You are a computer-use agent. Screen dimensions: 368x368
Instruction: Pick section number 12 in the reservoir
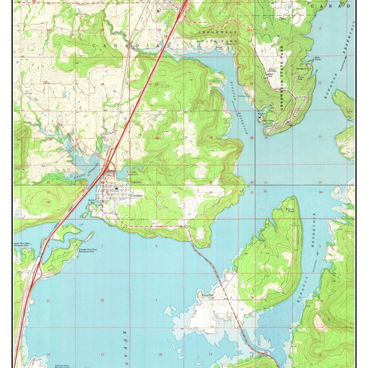tap(102, 300)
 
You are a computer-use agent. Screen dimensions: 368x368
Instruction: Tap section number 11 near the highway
tap(48, 301)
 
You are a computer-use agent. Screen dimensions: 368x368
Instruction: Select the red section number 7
tap(156, 300)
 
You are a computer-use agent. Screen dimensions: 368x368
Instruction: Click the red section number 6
tap(156, 247)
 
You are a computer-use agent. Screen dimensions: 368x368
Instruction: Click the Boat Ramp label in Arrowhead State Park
tap(318, 58)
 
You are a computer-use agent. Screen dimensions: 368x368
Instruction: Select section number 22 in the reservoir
tap(320, 82)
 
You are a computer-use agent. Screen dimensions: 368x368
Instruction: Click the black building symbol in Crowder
tap(116, 188)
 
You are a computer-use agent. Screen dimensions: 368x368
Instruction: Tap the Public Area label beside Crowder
tap(92, 200)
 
